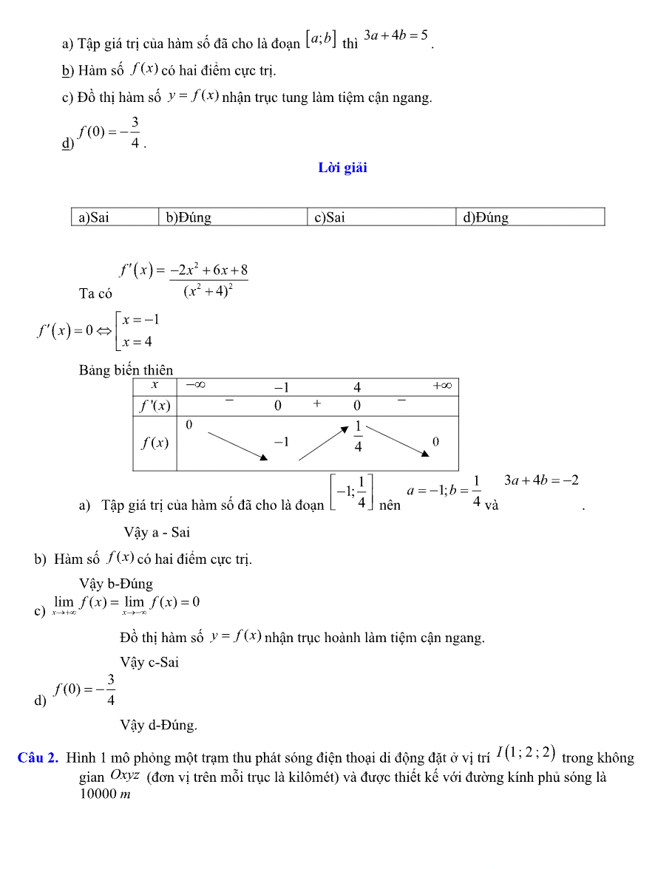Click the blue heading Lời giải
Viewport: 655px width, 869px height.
342,168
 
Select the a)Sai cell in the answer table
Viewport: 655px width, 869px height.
94,217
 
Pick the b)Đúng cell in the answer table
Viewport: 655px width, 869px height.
189,217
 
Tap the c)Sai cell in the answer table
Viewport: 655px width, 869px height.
330,217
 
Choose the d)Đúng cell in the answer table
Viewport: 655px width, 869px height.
486,217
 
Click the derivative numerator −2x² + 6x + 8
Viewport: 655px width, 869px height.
208,270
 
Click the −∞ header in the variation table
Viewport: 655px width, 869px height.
195,386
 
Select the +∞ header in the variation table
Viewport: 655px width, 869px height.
442,386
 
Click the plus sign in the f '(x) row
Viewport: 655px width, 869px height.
317,403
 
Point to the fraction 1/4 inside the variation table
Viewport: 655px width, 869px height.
358,437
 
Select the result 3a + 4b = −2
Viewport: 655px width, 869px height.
541,480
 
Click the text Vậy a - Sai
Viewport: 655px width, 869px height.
157,532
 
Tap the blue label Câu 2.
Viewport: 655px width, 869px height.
38,757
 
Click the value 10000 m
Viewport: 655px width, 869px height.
105,794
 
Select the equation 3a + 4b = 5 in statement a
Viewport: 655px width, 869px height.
396,35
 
